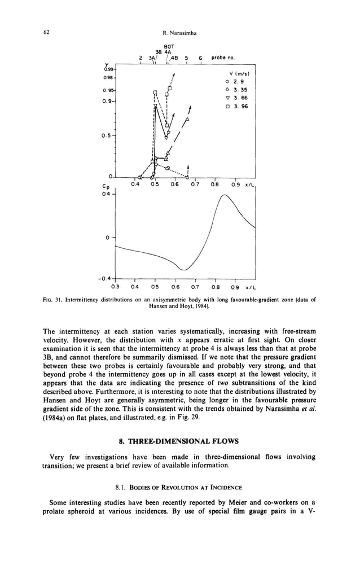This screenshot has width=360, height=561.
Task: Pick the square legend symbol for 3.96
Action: (226, 106)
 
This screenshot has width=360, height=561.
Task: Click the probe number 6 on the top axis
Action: (200, 58)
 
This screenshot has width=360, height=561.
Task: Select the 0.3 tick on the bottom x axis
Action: (115, 287)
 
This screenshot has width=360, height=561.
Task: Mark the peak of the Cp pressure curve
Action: (225, 195)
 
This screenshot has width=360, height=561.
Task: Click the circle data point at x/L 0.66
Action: (187, 177)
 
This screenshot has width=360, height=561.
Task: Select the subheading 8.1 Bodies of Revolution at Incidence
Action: (180, 487)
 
